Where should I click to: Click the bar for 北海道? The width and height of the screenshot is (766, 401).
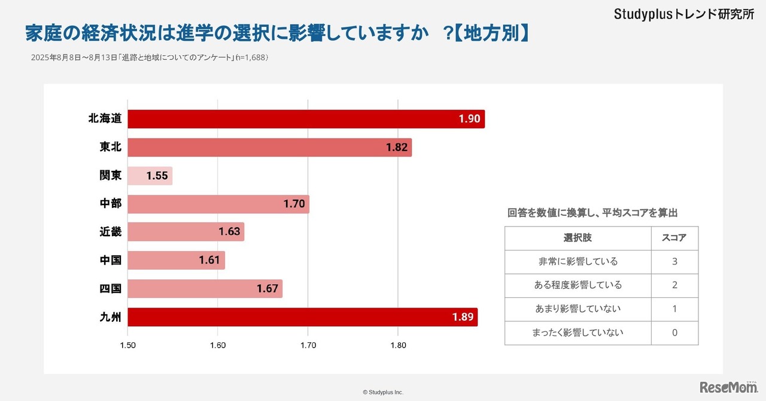click(305, 119)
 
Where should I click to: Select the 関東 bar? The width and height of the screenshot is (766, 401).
click(150, 176)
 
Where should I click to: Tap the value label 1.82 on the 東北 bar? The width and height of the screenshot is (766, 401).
click(396, 147)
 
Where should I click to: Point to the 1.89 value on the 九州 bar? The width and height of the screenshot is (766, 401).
click(463, 317)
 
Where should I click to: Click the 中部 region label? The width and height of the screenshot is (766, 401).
click(111, 204)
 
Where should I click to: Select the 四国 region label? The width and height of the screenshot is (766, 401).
click(111, 288)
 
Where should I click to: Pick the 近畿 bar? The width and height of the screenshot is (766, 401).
click(186, 232)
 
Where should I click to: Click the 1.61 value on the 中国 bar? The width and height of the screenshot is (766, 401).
click(209, 260)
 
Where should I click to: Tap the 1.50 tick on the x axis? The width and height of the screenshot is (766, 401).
click(128, 345)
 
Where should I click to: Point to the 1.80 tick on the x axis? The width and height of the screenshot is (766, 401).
click(398, 345)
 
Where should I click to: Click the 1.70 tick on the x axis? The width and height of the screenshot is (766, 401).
click(308, 345)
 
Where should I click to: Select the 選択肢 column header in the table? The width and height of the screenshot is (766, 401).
click(577, 238)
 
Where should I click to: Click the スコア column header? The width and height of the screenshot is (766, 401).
click(674, 238)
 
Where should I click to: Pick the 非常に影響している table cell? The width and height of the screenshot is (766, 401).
click(577, 261)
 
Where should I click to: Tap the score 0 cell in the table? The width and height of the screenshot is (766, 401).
click(674, 333)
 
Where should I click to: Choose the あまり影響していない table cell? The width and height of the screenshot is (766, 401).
click(577, 309)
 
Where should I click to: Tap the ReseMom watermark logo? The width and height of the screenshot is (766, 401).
click(728, 388)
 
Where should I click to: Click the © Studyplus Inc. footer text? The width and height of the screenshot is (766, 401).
click(383, 392)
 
